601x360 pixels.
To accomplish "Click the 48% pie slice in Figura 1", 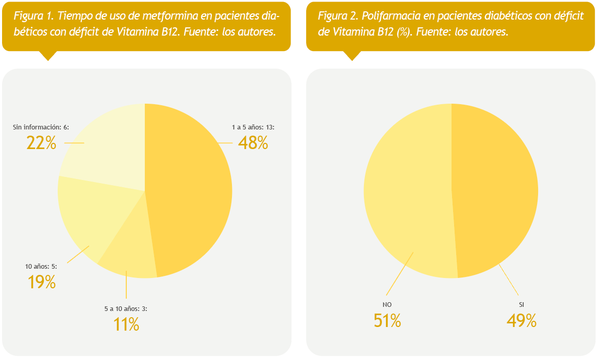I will coord(191,191).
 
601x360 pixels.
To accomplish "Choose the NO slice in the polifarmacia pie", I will coord(407,191).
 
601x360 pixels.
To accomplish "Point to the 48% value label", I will coord(253,143).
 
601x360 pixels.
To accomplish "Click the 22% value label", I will coord(41,143).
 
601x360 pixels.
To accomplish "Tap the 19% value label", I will coord(41,282).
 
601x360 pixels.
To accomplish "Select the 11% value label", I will coord(126,324).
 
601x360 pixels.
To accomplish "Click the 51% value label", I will coord(387,321).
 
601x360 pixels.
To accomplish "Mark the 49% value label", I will coord(522,321).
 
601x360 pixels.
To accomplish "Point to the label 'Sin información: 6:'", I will coord(41,127).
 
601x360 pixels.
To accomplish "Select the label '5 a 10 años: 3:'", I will coord(126,309).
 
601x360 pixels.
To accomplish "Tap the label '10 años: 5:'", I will coord(41,267).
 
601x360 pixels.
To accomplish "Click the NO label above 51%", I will coord(387,305).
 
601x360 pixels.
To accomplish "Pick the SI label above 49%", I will coord(522,305).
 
